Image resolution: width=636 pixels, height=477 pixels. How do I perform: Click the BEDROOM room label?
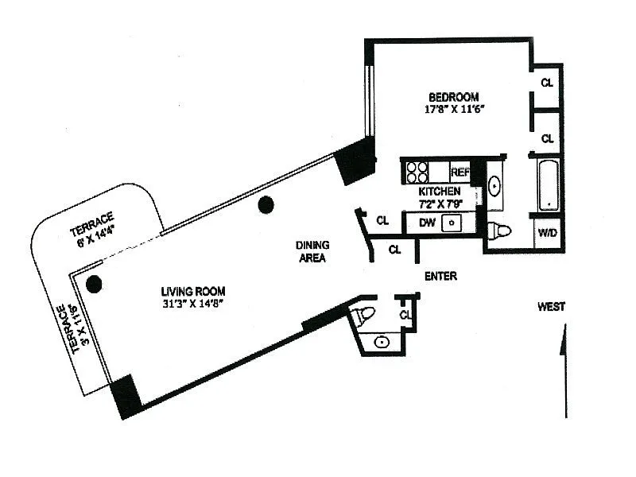click(453, 97)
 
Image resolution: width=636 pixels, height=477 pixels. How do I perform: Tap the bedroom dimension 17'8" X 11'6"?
click(454, 109)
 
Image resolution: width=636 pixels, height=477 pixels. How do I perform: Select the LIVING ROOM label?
click(193, 291)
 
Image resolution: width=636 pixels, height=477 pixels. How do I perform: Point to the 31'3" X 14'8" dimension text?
click(193, 304)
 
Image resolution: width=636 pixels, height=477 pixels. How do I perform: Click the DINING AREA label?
click(312, 251)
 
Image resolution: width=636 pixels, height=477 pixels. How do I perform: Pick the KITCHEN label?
click(440, 191)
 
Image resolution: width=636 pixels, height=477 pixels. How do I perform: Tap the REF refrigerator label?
click(460, 173)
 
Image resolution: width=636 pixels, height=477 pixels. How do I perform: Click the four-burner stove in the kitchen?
click(417, 173)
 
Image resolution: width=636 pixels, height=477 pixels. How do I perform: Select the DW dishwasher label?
click(427, 223)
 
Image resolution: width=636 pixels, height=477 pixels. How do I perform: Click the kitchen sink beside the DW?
click(451, 223)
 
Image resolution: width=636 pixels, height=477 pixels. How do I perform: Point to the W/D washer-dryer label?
click(547, 233)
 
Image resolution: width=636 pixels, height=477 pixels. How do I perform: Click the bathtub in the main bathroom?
click(549, 184)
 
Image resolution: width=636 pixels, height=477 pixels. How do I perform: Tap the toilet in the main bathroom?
click(498, 231)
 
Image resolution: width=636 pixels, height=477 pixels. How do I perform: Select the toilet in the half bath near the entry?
click(363, 315)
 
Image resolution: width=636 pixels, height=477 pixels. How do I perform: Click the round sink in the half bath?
click(382, 343)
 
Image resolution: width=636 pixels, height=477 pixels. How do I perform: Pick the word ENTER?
click(440, 276)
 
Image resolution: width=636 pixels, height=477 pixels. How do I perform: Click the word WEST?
click(551, 307)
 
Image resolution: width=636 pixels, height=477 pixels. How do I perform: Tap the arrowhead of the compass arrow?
click(564, 339)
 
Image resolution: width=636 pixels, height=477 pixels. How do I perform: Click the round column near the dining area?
click(266, 205)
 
